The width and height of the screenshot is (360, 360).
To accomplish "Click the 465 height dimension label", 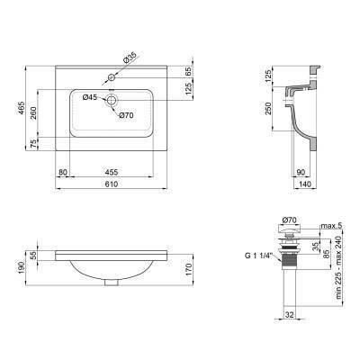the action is [x=21, y=108].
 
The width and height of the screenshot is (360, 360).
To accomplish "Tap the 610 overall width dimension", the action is [x=112, y=184].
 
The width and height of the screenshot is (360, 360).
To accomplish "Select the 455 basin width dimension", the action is [x=112, y=172].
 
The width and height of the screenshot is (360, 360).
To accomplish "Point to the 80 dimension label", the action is [x=63, y=172].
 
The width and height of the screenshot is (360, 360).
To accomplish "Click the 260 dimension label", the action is [x=33, y=112].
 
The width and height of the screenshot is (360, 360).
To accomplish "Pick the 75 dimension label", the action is [x=33, y=144].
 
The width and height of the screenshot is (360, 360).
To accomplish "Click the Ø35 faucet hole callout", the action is [x=130, y=57].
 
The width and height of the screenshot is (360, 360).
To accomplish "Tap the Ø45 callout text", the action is [x=90, y=97].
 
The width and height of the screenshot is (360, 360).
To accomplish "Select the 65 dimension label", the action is [x=188, y=71].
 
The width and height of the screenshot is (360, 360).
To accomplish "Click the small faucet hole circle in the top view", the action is [x=112, y=77].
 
